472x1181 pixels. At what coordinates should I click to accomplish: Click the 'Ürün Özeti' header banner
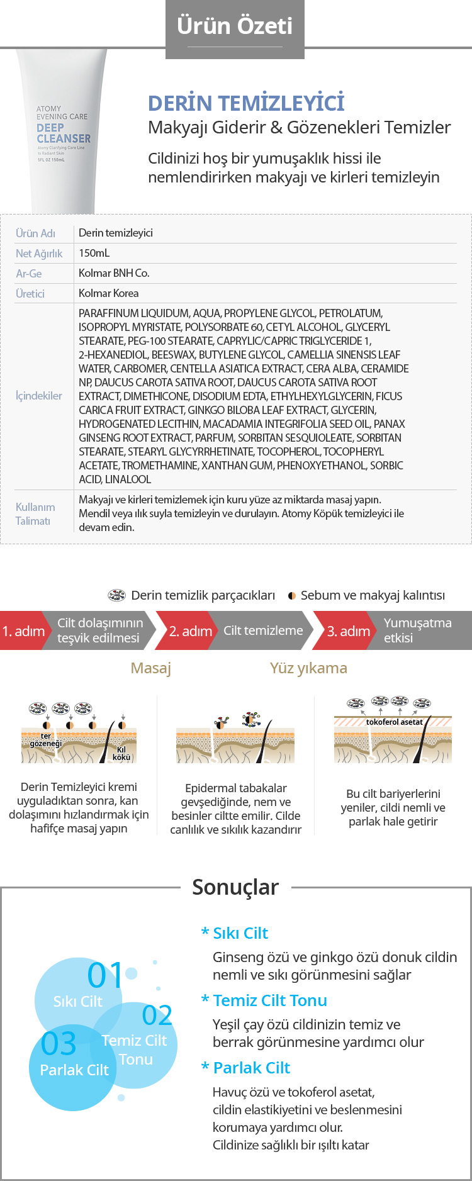[235, 26]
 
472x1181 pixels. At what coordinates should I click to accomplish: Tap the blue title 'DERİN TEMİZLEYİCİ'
[246, 103]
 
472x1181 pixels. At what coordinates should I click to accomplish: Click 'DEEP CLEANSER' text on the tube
[63, 133]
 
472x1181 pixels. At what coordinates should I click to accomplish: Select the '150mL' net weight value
[94, 253]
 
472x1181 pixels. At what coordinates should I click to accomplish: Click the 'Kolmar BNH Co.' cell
[114, 273]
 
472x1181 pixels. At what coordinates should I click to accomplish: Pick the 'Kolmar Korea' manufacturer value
[108, 293]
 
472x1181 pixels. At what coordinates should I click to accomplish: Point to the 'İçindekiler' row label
[39, 396]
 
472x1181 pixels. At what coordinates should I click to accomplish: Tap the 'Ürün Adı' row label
[35, 233]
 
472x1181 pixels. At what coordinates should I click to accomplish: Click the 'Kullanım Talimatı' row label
[35, 514]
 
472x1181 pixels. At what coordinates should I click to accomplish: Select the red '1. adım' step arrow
[23, 631]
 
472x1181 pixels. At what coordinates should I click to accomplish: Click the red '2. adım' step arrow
[190, 631]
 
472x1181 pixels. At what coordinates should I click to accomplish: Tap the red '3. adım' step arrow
[348, 631]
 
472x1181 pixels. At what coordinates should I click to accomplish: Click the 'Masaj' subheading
[150, 668]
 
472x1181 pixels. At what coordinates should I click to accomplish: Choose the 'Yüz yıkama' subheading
[308, 668]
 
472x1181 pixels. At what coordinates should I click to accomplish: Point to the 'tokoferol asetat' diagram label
[395, 722]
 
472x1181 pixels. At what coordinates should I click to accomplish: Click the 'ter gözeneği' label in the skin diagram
[46, 740]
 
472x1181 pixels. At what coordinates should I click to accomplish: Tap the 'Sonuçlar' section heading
[235, 887]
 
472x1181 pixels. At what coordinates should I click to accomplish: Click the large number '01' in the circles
[105, 976]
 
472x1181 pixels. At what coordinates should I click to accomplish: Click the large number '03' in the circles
[59, 1044]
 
